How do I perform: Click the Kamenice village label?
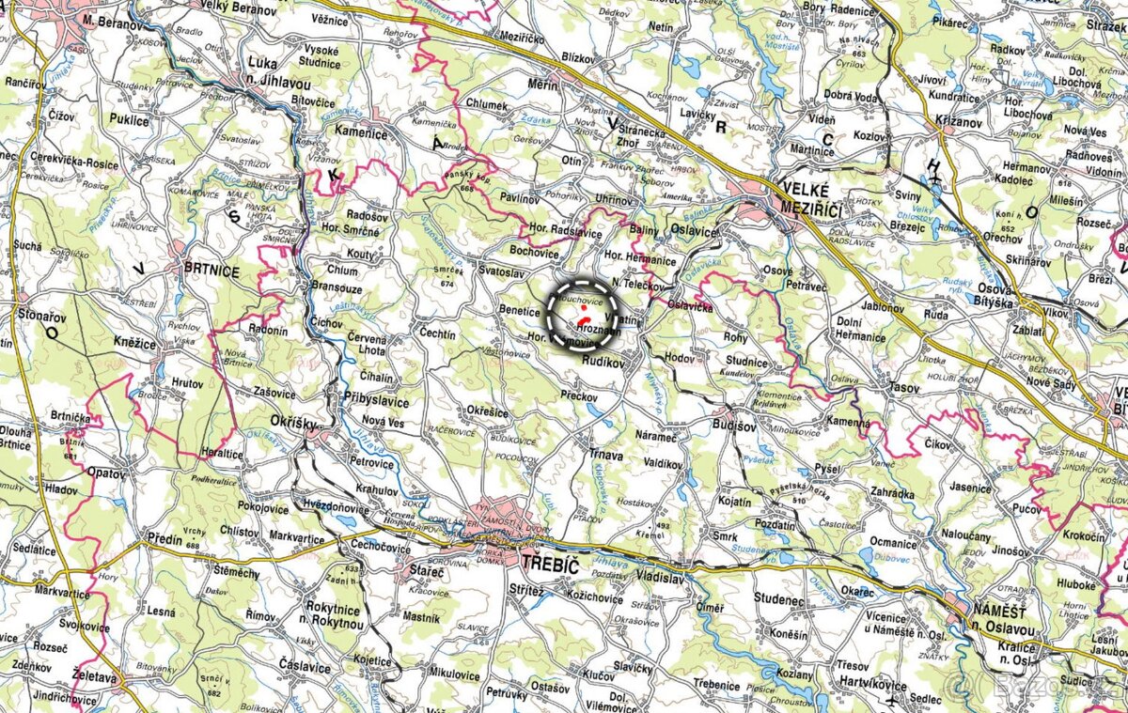point(362,134)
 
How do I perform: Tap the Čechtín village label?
point(438,333)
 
